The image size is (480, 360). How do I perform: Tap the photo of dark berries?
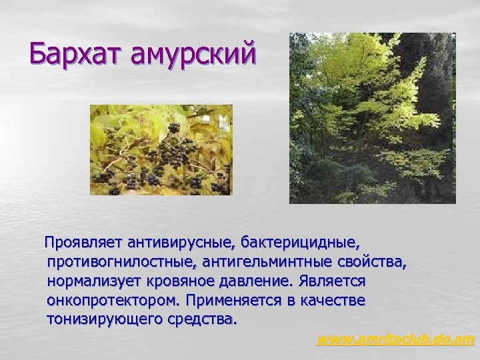[161, 150]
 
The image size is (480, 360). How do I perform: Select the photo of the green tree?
[372, 118]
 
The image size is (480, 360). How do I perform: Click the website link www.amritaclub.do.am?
[395, 340]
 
